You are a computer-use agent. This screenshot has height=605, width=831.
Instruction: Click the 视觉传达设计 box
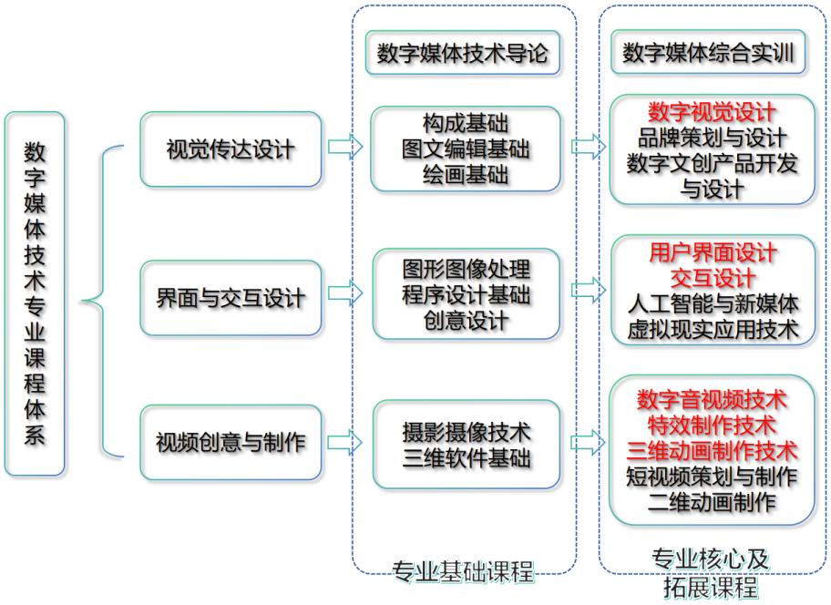[x=231, y=149]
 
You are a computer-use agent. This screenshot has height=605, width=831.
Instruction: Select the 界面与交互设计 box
[x=231, y=298]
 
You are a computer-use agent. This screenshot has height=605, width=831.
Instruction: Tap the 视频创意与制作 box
[x=231, y=442]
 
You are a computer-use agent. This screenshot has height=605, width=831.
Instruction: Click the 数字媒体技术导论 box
[x=463, y=53]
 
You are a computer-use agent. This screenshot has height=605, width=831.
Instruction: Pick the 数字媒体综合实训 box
[x=708, y=52]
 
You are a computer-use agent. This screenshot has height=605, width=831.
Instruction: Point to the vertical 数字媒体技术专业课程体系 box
[x=35, y=294]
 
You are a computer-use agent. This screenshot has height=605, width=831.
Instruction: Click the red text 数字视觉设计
[x=712, y=112]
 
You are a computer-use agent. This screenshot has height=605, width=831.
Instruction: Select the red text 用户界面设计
[x=713, y=252]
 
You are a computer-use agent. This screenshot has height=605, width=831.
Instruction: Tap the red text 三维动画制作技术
[x=712, y=451]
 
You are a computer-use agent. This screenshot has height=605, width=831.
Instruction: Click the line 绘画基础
[x=466, y=174]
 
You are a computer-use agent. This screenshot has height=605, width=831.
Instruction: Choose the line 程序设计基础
[x=466, y=294]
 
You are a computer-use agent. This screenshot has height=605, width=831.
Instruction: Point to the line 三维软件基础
[x=467, y=457]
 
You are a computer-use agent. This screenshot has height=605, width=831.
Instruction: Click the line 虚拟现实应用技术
[x=713, y=329]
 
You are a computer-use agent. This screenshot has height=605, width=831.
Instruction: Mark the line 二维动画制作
[x=712, y=502]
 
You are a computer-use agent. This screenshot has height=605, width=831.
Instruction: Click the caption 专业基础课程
[x=463, y=571]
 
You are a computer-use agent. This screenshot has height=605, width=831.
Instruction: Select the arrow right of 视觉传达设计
[x=345, y=146]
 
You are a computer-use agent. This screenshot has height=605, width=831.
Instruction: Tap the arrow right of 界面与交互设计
[x=345, y=293]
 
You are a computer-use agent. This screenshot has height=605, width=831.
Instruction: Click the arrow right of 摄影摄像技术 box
[x=589, y=442]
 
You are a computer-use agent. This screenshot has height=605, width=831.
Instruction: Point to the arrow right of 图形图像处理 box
[x=589, y=290]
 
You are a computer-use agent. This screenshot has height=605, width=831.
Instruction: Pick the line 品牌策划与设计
[x=712, y=138]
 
